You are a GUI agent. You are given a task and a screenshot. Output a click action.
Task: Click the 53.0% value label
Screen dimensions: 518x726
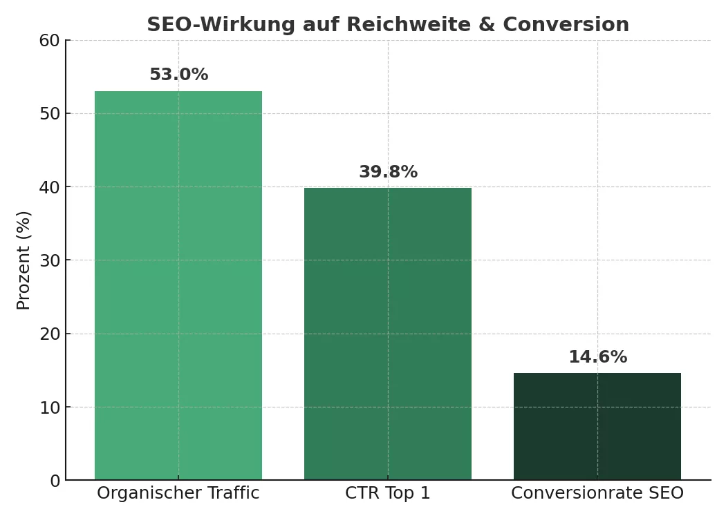178,75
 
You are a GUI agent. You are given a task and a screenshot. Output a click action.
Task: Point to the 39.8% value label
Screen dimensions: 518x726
388,172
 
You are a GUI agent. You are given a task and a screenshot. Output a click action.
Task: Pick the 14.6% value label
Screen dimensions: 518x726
597,357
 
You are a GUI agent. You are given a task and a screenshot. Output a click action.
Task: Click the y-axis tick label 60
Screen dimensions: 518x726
49,41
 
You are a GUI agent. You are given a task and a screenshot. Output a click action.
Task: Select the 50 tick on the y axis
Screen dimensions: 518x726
49,114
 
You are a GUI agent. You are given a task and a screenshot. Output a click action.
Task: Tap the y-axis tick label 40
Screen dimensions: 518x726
49,187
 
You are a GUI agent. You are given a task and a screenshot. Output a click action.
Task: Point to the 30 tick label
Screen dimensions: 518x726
49,260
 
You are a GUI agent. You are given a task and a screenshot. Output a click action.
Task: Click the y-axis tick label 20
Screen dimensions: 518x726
49,334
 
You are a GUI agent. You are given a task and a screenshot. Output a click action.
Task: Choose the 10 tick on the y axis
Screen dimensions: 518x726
49,407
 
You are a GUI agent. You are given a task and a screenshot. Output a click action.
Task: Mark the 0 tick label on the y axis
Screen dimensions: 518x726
55,481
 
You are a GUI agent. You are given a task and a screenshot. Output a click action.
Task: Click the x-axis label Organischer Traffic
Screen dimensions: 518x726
178,493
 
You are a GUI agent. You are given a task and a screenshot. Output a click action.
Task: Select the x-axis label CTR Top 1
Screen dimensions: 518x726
388,493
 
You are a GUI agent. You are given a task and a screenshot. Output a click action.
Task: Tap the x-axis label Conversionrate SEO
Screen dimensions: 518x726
597,493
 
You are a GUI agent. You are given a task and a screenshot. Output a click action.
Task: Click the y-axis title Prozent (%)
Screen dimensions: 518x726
24,260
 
